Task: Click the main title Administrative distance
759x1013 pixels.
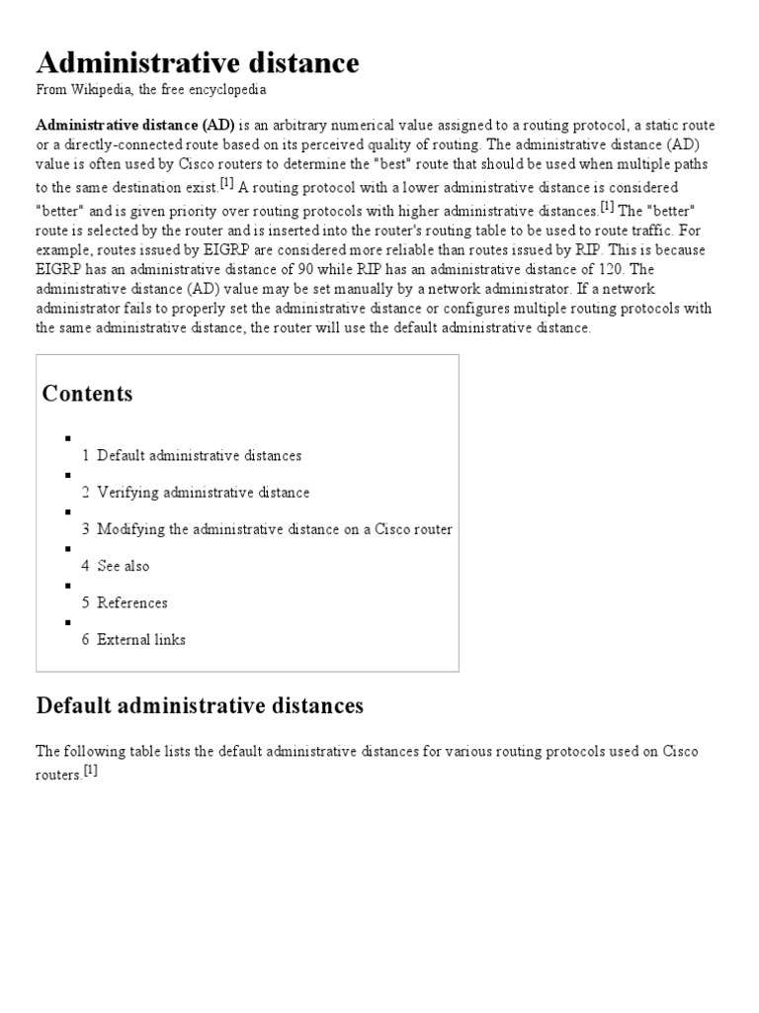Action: [x=198, y=63]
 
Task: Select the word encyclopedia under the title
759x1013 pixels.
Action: [x=231, y=90]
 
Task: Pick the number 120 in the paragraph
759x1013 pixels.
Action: [x=584, y=268]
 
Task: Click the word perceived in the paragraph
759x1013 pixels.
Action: [x=326, y=144]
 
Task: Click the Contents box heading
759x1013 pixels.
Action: [x=87, y=394]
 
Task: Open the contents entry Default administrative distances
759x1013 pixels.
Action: [x=199, y=456]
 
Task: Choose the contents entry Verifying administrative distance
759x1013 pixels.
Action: [x=203, y=493]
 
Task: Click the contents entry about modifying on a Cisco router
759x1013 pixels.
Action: [x=274, y=529]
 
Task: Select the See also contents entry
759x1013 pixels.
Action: [x=123, y=566]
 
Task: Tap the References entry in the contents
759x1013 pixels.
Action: [x=131, y=602]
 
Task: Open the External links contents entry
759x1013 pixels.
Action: [x=140, y=639]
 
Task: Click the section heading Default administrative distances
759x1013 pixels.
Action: [x=200, y=705]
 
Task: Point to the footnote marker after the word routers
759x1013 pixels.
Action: [x=91, y=772]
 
